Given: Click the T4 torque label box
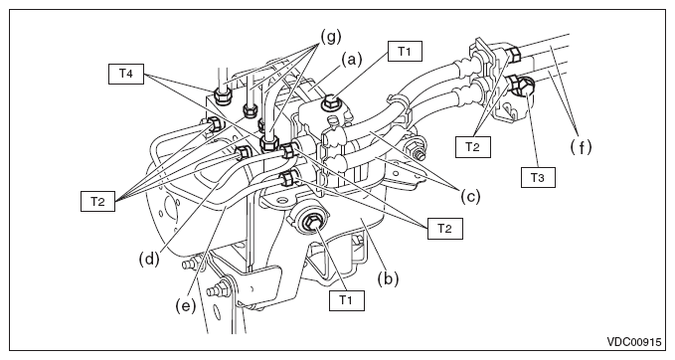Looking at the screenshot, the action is coord(125,74).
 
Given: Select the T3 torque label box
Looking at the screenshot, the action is coord(538,177).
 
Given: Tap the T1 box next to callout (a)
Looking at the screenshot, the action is coord(405,52).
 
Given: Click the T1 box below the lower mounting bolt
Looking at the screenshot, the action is coord(347,300).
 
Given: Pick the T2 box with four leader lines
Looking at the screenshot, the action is coord(97,201).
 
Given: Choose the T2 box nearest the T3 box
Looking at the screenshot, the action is coord(473,147).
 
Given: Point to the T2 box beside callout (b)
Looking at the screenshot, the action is coord(445,228).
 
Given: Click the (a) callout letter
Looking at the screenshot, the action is coord(352,60).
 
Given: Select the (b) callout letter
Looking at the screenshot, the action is coord(388,278).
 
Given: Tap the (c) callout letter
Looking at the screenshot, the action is coord(470,196).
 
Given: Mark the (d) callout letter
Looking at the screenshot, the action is coord(149,259).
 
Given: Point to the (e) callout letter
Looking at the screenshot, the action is coord(186,305).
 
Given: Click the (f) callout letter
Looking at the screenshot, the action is coord(581,147).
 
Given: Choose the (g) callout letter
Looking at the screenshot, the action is coord(331,37).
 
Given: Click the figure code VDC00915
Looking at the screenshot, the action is coord(633,342).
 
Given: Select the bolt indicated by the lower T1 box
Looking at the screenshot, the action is coord(311,223).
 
